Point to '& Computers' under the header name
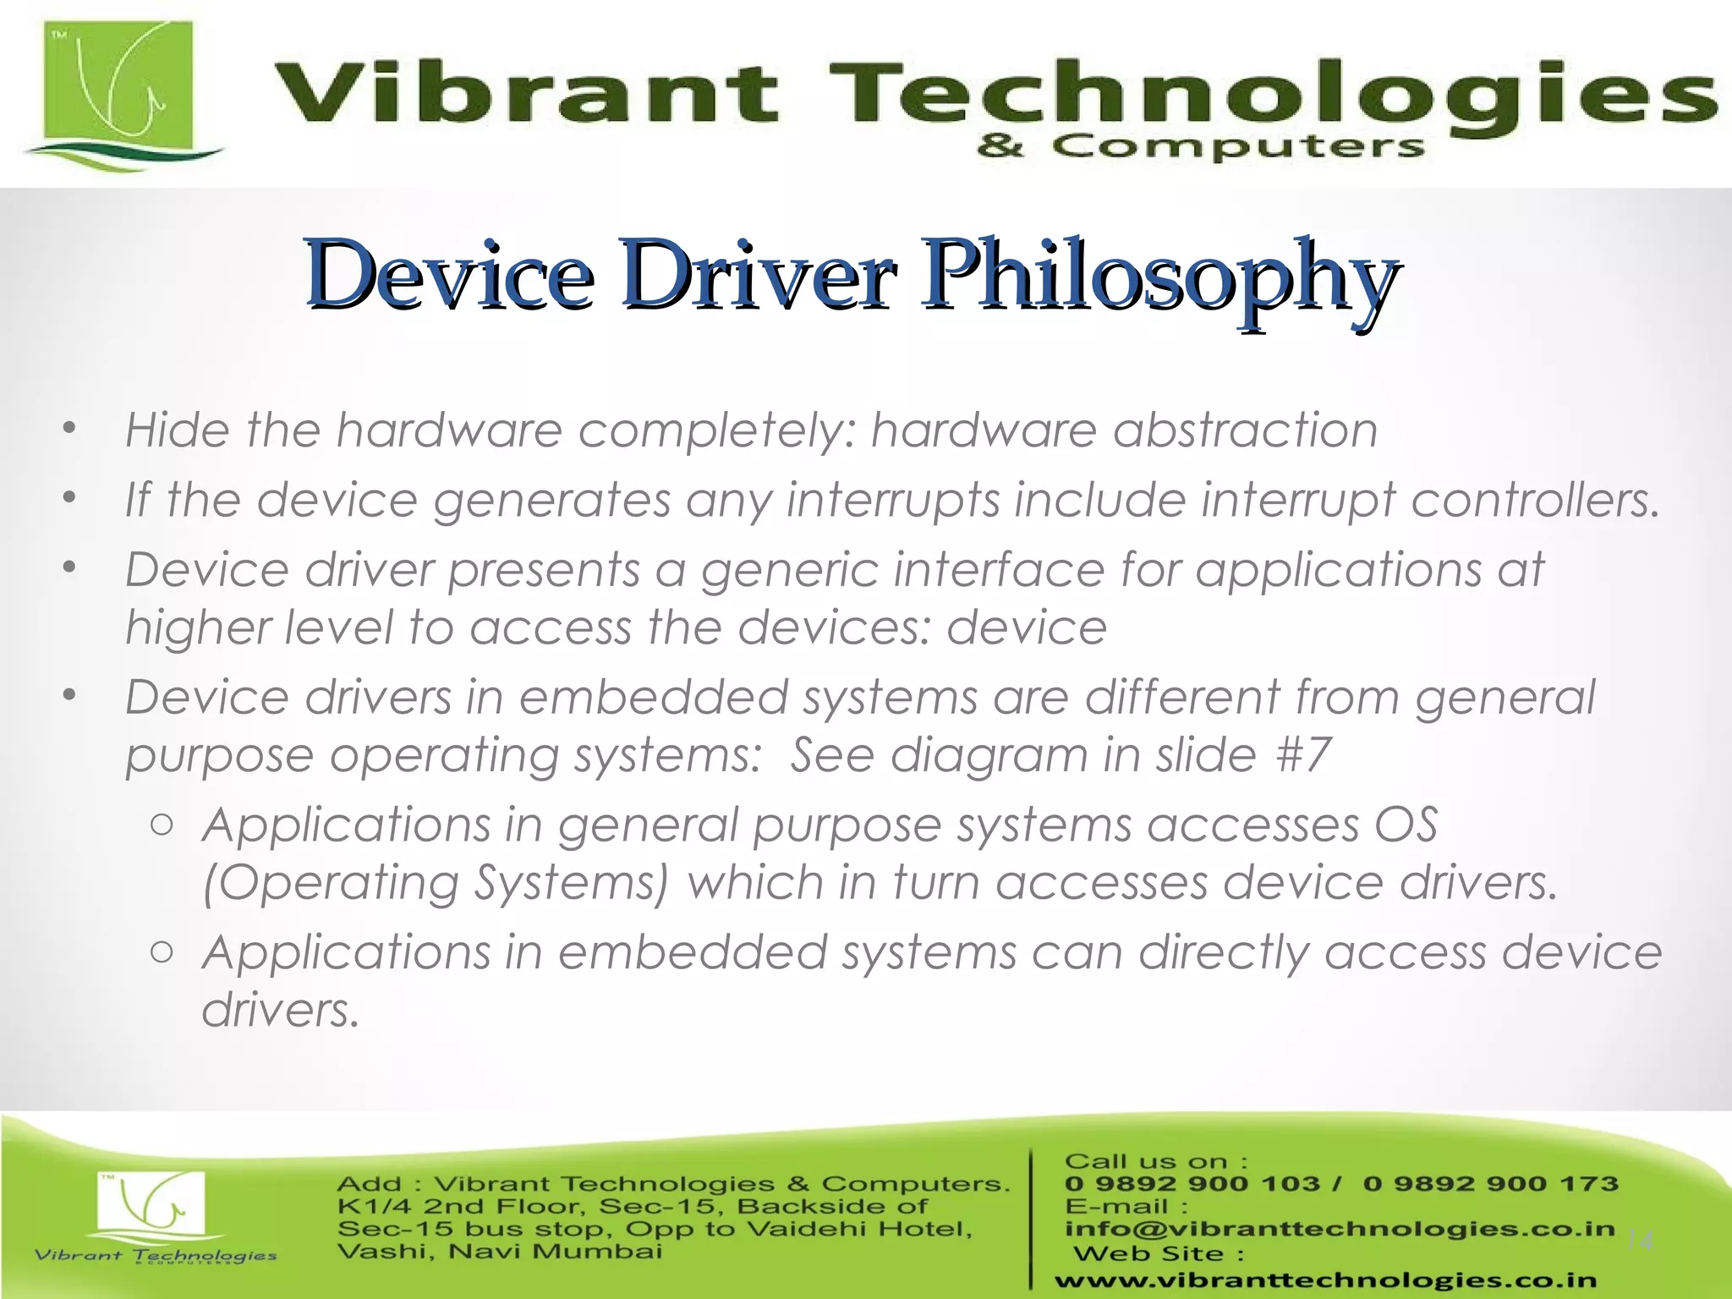point(1201,147)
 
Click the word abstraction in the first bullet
point(1245,430)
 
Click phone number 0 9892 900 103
point(1192,1183)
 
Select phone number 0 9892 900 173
point(1490,1183)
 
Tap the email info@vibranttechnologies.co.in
point(1340,1229)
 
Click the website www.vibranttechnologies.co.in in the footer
point(1325,1280)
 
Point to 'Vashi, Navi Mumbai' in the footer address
point(499,1251)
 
